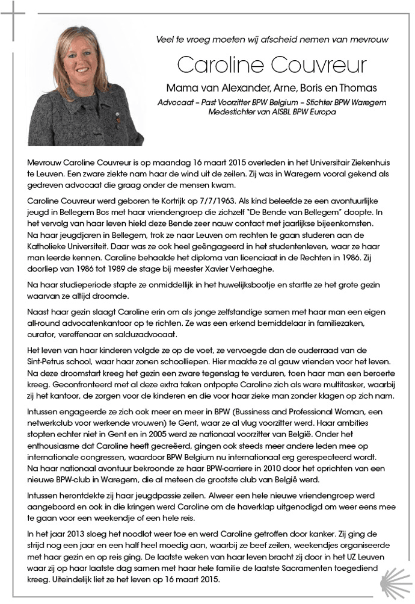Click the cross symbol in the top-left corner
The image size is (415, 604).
pyautogui.click(x=18, y=19)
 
